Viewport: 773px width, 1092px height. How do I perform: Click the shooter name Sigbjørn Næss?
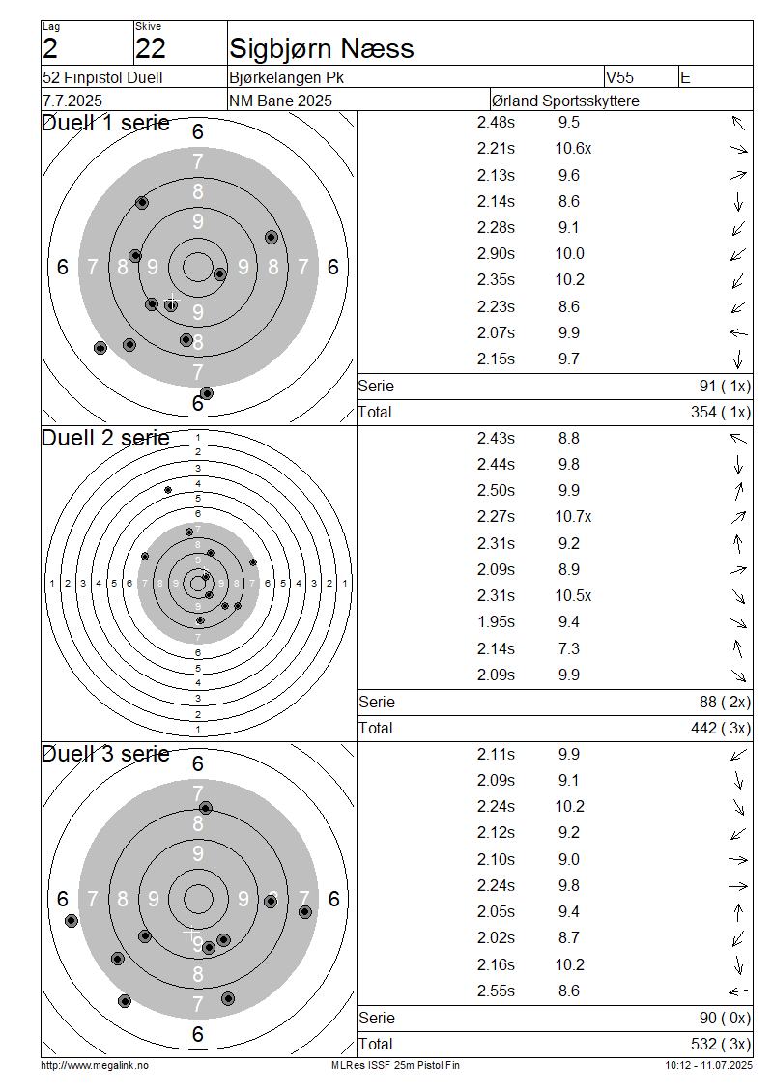[321, 48]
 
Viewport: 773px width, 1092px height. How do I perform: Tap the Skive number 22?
[151, 48]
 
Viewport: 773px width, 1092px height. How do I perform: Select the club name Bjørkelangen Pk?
[286, 77]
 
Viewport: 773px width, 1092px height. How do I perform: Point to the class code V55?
[619, 77]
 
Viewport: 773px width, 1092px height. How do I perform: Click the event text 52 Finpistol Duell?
[102, 77]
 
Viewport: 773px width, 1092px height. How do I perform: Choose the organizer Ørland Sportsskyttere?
[565, 101]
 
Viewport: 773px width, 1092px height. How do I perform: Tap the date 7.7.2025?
[72, 101]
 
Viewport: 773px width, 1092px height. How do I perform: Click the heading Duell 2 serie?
[105, 438]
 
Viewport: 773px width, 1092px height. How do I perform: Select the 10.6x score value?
[573, 149]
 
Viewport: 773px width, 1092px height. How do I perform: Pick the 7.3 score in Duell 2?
[569, 648]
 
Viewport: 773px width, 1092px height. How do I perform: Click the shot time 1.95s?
[496, 622]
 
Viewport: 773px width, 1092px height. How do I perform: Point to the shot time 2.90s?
[496, 253]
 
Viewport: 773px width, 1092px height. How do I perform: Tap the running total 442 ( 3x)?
[721, 728]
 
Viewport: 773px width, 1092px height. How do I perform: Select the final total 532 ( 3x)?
[721, 1044]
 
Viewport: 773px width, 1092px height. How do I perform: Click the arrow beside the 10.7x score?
[738, 517]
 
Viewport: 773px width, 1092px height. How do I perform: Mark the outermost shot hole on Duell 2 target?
[168, 490]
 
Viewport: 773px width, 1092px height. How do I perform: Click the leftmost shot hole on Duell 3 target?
[72, 921]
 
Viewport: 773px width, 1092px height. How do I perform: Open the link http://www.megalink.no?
[95, 1065]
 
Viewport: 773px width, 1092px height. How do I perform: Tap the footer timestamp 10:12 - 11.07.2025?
[708, 1065]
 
